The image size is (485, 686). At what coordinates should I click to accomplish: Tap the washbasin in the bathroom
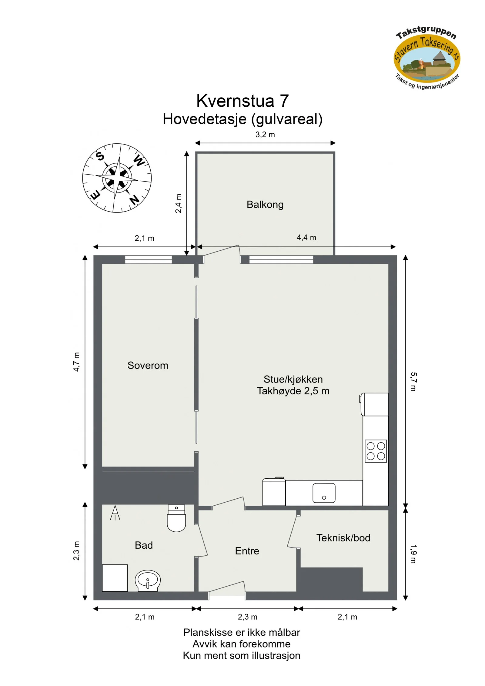(x=147, y=581)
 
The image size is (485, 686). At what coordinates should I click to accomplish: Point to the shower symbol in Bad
(x=115, y=513)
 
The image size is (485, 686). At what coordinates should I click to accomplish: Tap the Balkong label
(x=265, y=205)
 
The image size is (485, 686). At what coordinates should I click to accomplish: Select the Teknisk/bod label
(x=343, y=538)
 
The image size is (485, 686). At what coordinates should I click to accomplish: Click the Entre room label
(x=247, y=551)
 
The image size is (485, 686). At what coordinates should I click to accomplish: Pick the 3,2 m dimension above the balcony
(x=265, y=135)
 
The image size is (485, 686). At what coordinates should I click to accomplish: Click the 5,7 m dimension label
(x=413, y=382)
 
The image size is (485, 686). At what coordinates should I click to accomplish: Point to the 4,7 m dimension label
(x=77, y=362)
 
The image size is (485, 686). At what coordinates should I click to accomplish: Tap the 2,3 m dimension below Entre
(x=247, y=617)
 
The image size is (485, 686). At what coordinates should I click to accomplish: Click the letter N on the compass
(x=134, y=199)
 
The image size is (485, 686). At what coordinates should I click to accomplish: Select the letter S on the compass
(x=100, y=156)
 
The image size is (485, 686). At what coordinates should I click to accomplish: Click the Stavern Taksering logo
(x=427, y=58)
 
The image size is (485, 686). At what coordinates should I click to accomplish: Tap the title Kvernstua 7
(x=242, y=101)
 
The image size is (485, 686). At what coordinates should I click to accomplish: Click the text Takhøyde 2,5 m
(x=293, y=391)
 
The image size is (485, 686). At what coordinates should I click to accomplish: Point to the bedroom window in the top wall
(x=149, y=259)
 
